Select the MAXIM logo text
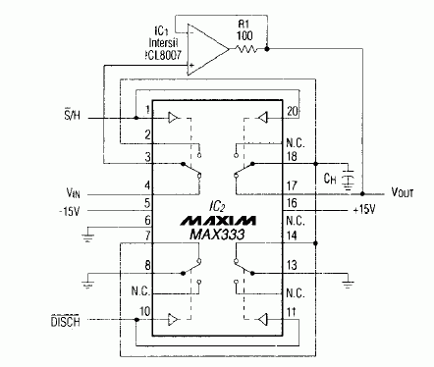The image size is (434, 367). click(x=217, y=215)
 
